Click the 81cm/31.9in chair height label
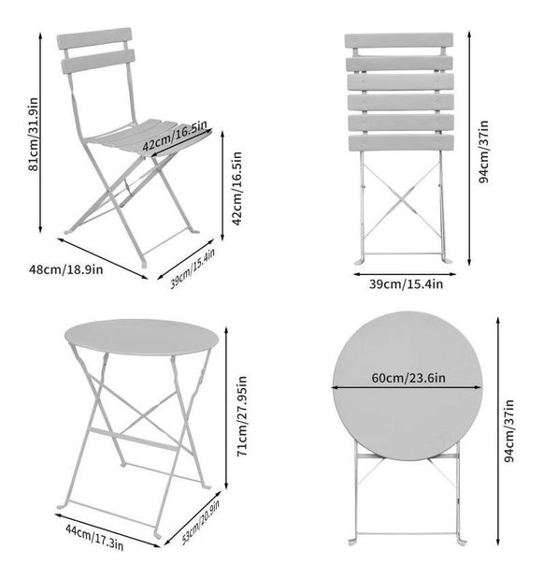(34, 134)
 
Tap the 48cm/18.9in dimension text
(66, 269)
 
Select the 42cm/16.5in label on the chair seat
(175, 135)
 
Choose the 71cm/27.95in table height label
(242, 416)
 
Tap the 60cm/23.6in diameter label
(408, 378)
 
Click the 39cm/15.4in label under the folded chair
(406, 284)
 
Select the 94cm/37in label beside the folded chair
(483, 152)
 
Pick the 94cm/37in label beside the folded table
(508, 430)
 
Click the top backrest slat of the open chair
(94, 38)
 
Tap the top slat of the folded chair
(399, 40)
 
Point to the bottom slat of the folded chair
(401, 143)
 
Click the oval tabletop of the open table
(142, 337)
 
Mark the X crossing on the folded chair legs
(403, 198)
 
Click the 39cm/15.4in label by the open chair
(193, 268)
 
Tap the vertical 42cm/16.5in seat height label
(236, 188)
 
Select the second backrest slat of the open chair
(98, 61)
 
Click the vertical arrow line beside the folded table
(498, 431)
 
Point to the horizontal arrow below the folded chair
(405, 274)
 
